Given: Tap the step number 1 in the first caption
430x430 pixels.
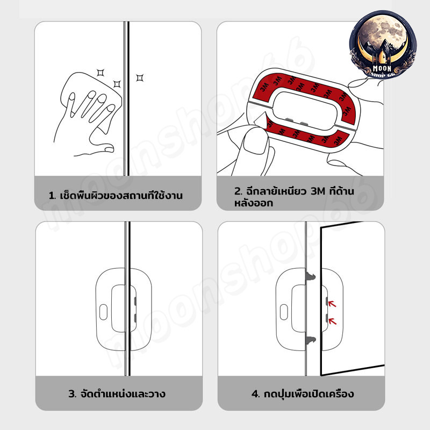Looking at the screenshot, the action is click(x=52, y=196).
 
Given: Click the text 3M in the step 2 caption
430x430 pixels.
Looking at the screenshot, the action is click(x=318, y=191).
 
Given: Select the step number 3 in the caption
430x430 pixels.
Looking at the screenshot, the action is click(x=73, y=394).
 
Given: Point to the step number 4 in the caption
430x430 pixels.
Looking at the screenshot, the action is click(x=255, y=394).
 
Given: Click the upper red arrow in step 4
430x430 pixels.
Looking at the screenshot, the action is click(x=332, y=304).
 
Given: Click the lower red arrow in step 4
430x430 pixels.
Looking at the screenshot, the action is click(x=332, y=321).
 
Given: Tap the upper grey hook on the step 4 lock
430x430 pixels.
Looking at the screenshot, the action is click(x=311, y=277).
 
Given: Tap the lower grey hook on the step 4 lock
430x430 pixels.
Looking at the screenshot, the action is click(x=311, y=340).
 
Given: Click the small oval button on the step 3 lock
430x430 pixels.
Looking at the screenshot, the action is click(x=103, y=312).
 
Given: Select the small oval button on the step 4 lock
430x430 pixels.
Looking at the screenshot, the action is click(x=284, y=312).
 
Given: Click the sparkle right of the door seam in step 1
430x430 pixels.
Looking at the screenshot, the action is click(x=140, y=78).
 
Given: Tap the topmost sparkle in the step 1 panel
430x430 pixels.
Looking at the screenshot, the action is click(x=101, y=73).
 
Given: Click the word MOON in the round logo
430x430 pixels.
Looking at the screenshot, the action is click(x=382, y=68).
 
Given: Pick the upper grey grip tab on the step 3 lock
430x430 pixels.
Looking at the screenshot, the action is click(x=135, y=301).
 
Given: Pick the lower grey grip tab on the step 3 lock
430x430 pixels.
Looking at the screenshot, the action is click(x=135, y=318).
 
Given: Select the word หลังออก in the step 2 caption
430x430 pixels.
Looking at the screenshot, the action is click(x=254, y=203).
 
